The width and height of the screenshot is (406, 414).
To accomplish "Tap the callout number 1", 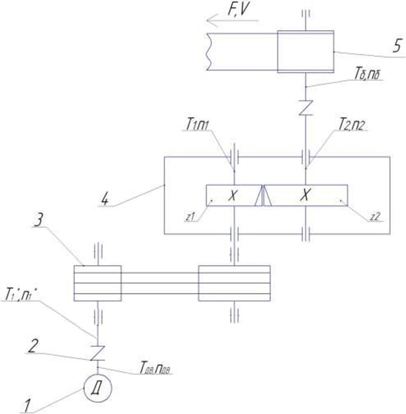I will click(26, 406).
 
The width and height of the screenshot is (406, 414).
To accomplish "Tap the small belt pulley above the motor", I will click(97, 283).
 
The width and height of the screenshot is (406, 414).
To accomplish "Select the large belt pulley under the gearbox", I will click(234, 283).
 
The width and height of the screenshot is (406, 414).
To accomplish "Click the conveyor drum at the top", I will click(305, 51).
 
